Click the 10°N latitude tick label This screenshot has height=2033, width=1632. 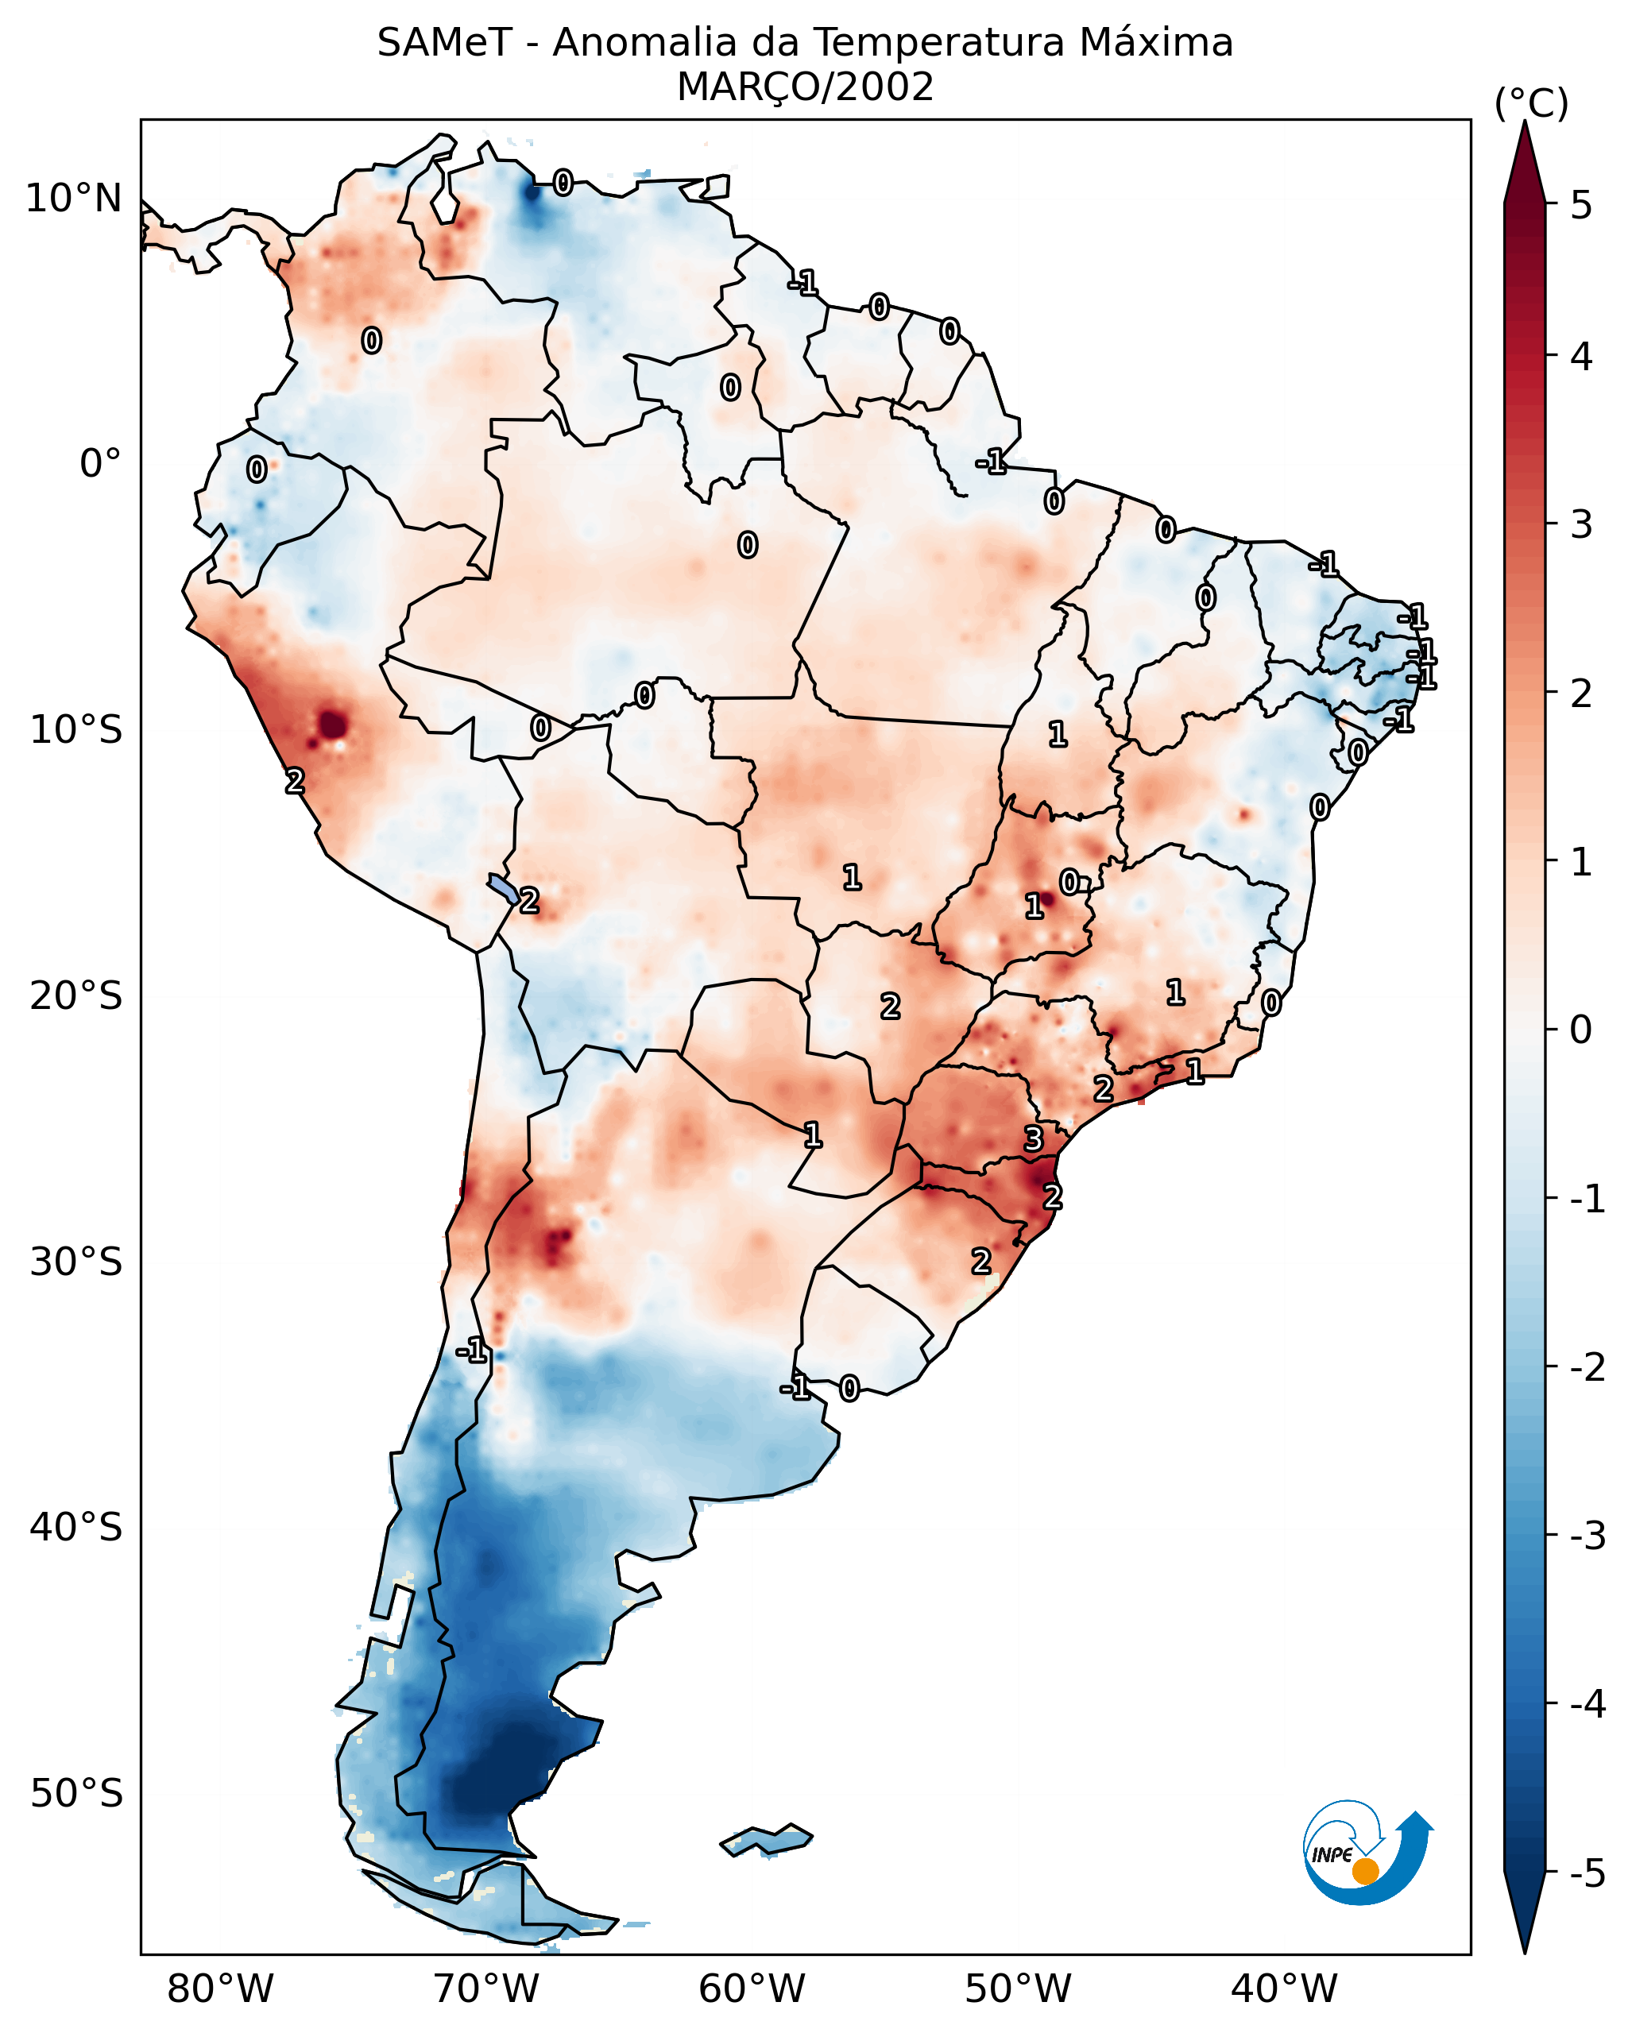pyautogui.click(x=74, y=199)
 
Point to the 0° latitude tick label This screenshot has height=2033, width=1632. pyautogui.click(x=100, y=464)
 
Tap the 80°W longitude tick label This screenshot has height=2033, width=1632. pyautogui.click(x=219, y=1989)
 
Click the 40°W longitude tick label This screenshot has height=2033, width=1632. pyautogui.click(x=1283, y=1989)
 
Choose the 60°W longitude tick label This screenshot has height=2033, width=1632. pyautogui.click(x=752, y=1989)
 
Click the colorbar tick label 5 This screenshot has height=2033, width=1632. pyautogui.click(x=1581, y=205)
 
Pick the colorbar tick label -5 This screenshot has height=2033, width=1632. pyautogui.click(x=1587, y=1873)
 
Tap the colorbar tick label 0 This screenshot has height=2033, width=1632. pyautogui.click(x=1581, y=1029)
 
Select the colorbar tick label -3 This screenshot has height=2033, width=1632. pyautogui.click(x=1587, y=1536)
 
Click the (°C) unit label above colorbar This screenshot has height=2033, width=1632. pyautogui.click(x=1531, y=104)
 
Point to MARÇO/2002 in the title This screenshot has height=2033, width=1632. pyautogui.click(x=805, y=87)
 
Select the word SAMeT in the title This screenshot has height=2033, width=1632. pyautogui.click(x=444, y=44)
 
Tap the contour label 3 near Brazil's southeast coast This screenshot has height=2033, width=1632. pyautogui.click(x=1034, y=1139)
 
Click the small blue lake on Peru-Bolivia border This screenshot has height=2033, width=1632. pyautogui.click(x=504, y=888)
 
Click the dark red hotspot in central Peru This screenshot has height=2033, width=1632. pyautogui.click(x=333, y=725)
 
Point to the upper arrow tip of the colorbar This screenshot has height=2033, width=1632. pyautogui.click(x=1525, y=126)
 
